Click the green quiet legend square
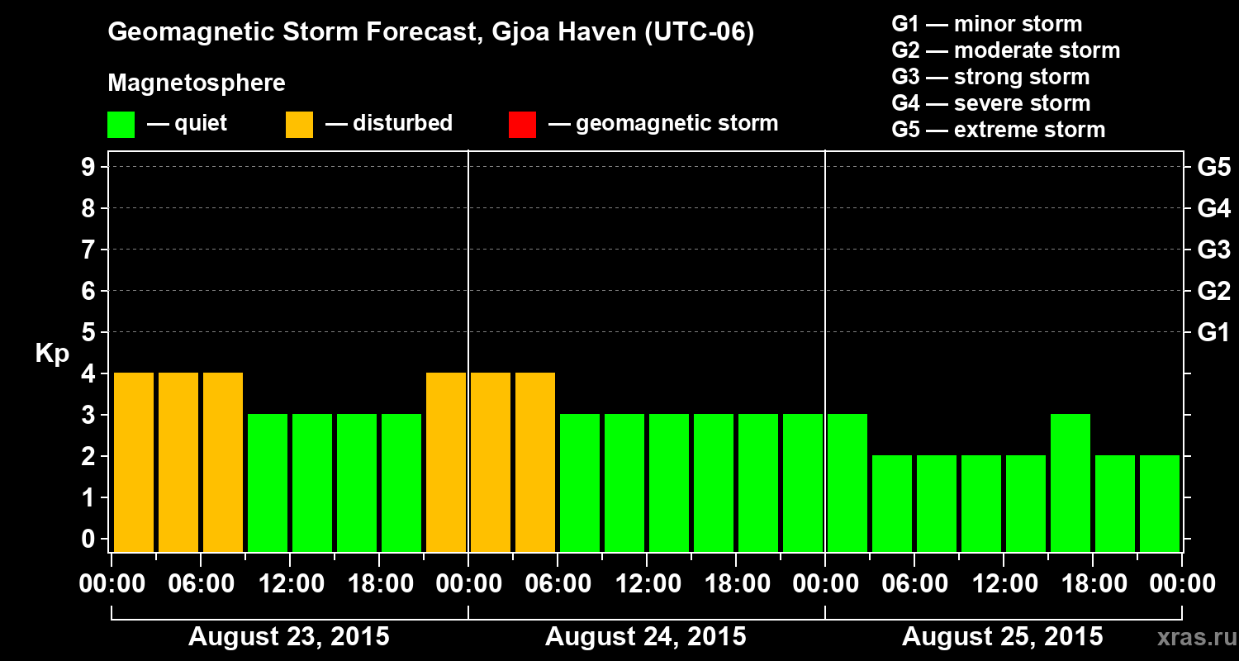(121, 125)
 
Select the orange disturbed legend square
(299, 125)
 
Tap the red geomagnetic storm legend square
(522, 125)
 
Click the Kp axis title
(52, 354)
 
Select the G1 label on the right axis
(1213, 333)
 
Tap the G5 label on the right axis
(1213, 168)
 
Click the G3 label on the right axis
(1213, 250)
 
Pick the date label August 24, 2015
(645, 637)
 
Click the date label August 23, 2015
(289, 637)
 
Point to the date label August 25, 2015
(1002, 637)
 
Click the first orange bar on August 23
(134, 463)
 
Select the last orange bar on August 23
(446, 463)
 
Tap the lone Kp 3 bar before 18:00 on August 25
(1070, 483)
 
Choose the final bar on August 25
(1160, 504)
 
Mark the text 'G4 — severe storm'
(991, 103)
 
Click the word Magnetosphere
(197, 83)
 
